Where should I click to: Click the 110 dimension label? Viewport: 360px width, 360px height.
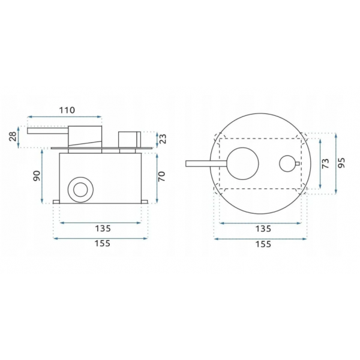click(x=67, y=110)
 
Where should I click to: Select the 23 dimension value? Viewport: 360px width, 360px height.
click(x=163, y=139)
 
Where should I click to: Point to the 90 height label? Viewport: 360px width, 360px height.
click(x=37, y=176)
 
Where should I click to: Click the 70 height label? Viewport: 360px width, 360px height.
click(x=161, y=176)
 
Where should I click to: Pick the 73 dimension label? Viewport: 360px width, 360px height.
click(x=326, y=163)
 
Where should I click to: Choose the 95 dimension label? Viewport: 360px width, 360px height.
click(x=341, y=163)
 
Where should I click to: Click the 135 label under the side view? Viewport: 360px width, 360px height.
click(x=103, y=229)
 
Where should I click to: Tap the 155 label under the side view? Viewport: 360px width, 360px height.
click(x=103, y=244)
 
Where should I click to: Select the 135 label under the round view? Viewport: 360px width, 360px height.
click(x=263, y=229)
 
